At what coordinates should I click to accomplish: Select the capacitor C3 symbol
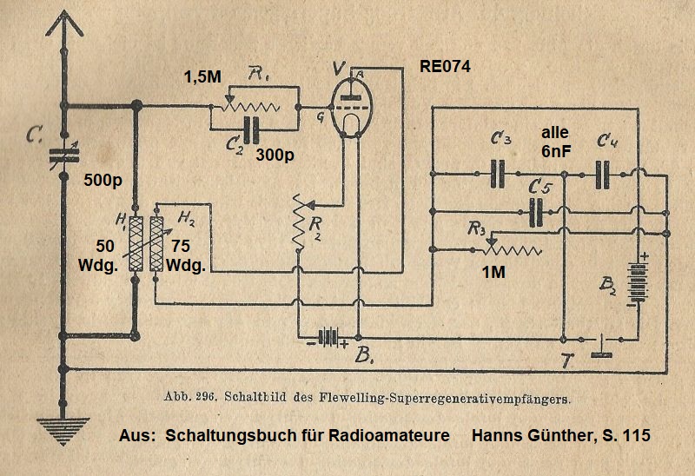click(x=499, y=173)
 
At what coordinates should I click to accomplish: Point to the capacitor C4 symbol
click(x=605, y=173)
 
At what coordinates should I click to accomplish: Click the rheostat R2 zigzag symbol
click(x=299, y=222)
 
